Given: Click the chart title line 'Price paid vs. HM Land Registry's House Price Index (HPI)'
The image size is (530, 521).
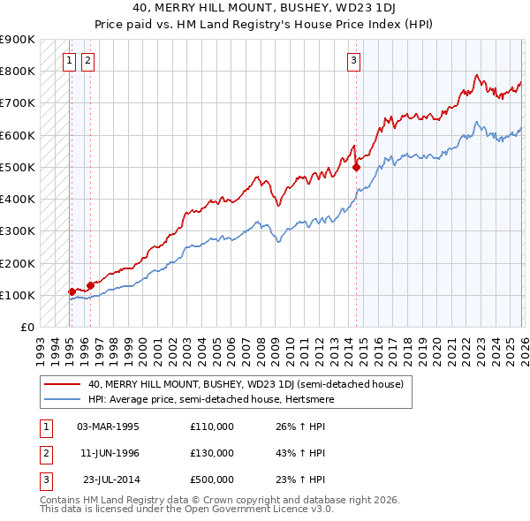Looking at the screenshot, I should pyautogui.click(x=265, y=25).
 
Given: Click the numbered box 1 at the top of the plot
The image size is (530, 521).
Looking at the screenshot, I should pyautogui.click(x=70, y=61).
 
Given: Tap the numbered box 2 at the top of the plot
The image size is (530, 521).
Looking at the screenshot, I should pyautogui.click(x=88, y=61).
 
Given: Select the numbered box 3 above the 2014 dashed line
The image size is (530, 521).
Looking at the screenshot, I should pyautogui.click(x=353, y=61).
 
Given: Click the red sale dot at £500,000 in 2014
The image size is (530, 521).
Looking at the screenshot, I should pyautogui.click(x=357, y=167).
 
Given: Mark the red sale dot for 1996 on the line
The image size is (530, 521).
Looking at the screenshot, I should pyautogui.click(x=90, y=285).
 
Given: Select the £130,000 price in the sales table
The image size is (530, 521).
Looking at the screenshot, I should pyautogui.click(x=212, y=453).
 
